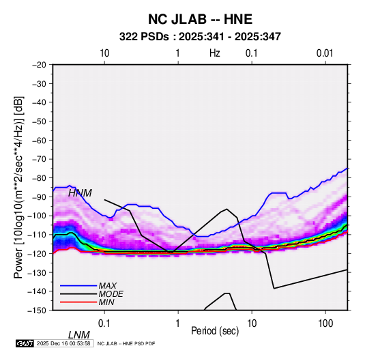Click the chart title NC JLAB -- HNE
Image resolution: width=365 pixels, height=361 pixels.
click(x=200, y=19)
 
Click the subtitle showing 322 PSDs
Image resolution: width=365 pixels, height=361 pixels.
click(x=200, y=37)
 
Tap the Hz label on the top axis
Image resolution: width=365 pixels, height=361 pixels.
click(x=214, y=53)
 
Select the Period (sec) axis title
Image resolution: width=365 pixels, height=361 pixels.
click(x=215, y=330)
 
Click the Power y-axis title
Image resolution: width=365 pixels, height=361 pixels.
click(x=18, y=187)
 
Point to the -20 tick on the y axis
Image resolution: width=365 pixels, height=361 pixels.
click(x=39, y=65)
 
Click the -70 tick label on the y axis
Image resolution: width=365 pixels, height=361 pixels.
click(x=39, y=159)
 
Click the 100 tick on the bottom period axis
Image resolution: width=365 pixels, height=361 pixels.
click(x=325, y=323)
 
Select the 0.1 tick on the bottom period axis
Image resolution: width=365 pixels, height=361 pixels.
click(x=104, y=323)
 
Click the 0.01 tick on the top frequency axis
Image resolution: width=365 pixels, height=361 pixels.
click(x=325, y=53)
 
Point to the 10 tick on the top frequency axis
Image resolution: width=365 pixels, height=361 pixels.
click(x=104, y=53)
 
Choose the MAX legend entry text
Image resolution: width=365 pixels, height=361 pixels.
click(x=108, y=285)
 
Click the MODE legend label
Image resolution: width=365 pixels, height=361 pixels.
click(x=111, y=294)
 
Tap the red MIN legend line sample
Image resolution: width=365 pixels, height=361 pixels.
click(x=78, y=302)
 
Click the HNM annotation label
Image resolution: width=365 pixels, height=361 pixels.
click(x=80, y=193)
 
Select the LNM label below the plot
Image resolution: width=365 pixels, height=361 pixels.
click(x=78, y=335)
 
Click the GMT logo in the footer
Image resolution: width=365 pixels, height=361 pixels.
click(x=25, y=343)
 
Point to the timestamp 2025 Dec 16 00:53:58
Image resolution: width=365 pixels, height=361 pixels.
click(x=63, y=343)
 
